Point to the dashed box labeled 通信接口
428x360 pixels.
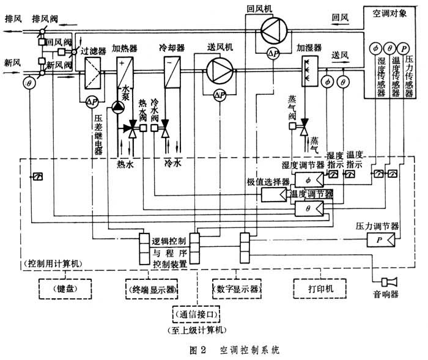tap(197, 316)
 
